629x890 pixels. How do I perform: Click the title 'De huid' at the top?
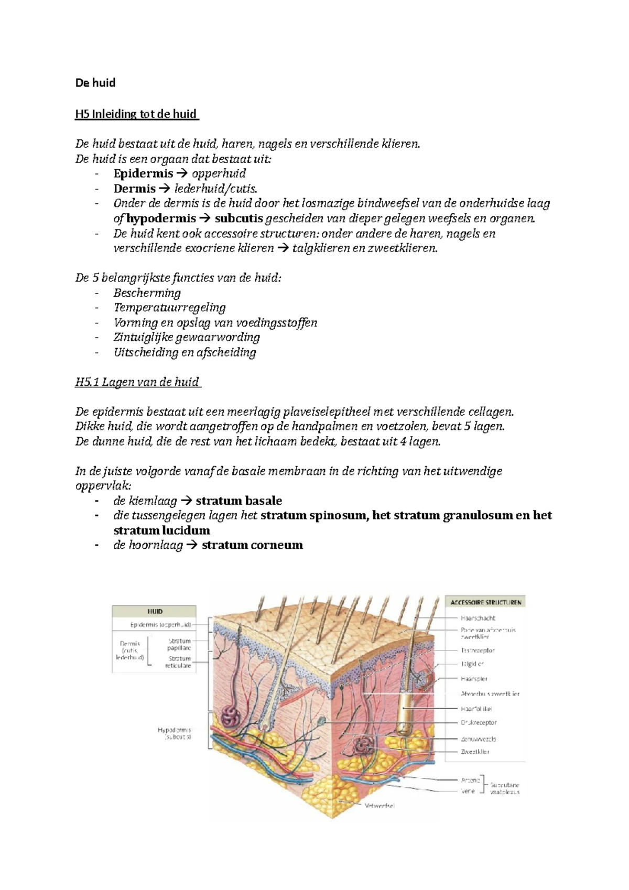pyautogui.click(x=95, y=83)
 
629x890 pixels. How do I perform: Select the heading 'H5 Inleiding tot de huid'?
pyautogui.click(x=136, y=114)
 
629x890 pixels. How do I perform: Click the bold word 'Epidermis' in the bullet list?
pyautogui.click(x=143, y=173)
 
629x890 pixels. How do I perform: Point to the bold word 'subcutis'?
pyautogui.click(x=238, y=219)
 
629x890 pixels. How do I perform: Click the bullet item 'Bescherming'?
pyautogui.click(x=147, y=293)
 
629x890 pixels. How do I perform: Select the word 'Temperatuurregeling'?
pyautogui.click(x=170, y=308)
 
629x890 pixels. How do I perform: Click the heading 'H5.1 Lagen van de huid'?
pyautogui.click(x=138, y=382)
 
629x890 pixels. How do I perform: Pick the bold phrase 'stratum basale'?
pyautogui.click(x=238, y=501)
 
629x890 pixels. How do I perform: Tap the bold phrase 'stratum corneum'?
pyautogui.click(x=252, y=545)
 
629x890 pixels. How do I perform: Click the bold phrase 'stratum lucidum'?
pyautogui.click(x=161, y=530)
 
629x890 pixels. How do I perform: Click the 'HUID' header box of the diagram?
pyautogui.click(x=155, y=611)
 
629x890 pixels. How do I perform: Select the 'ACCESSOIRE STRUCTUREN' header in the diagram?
pyautogui.click(x=485, y=602)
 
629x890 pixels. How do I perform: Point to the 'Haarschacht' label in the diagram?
pyautogui.click(x=478, y=618)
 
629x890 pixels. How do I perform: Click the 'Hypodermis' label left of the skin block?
pyautogui.click(x=175, y=730)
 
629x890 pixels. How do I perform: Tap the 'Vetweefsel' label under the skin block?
pyautogui.click(x=379, y=806)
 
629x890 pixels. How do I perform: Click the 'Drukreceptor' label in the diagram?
pyautogui.click(x=479, y=722)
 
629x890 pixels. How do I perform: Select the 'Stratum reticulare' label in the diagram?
pyautogui.click(x=178, y=662)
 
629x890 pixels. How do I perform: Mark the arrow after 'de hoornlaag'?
pyautogui.click(x=192, y=545)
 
